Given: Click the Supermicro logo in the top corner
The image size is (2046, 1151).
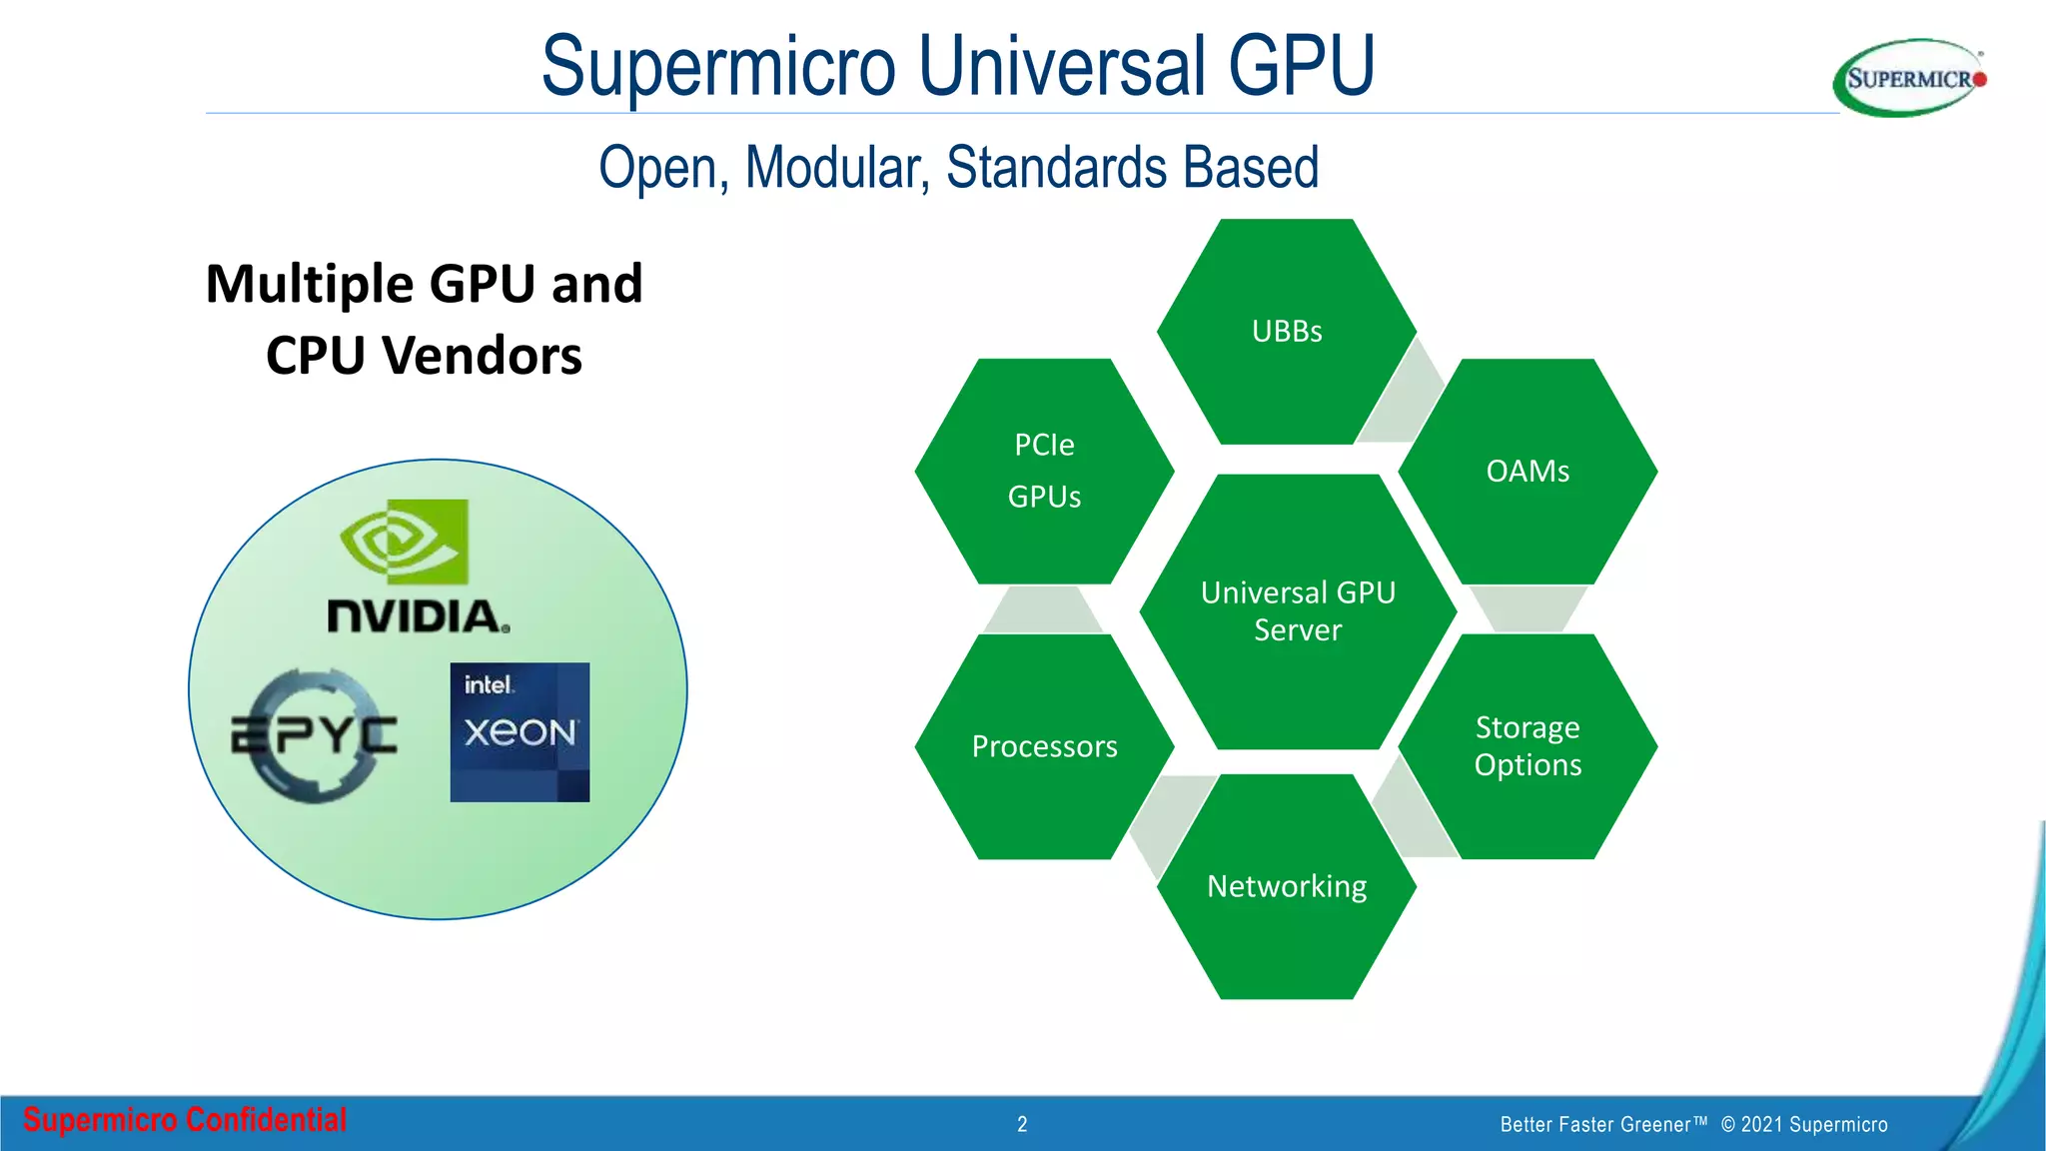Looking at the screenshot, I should coord(1909,78).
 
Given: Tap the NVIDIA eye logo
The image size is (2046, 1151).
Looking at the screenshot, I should coord(405,542).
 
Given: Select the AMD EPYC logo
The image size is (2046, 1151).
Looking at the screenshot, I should coord(314,735).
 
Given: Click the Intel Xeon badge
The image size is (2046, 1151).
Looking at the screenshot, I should coord(519,731).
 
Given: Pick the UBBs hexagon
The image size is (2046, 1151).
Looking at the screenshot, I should coord(1287,332).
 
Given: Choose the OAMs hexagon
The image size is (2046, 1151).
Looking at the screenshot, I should coord(1528,472).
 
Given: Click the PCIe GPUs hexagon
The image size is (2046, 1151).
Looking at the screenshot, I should coord(1044,472).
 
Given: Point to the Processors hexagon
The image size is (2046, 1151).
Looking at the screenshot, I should coord(1044,746).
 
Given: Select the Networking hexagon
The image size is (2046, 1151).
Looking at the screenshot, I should coord(1287,886).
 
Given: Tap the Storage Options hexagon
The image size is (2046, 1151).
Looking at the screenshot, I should coord(1528,746).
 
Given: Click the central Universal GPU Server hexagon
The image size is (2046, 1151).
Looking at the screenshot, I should coord(1298,611).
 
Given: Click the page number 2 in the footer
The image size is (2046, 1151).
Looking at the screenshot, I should coord(1022,1124).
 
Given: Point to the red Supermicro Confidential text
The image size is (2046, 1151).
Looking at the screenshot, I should coord(185,1120).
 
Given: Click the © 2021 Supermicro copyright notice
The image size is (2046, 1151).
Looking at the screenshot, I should coord(1804,1124).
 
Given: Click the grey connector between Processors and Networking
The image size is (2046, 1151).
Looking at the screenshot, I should coord(1169,819).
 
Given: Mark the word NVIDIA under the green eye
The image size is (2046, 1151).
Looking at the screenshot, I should coord(419,615).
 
